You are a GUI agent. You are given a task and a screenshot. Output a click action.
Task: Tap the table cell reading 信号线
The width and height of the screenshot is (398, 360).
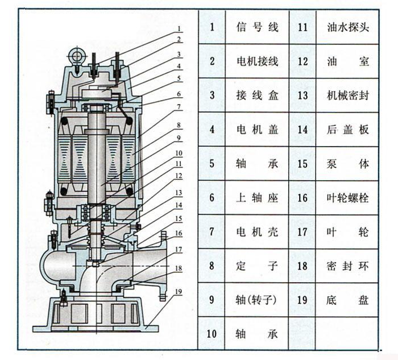click(257, 27)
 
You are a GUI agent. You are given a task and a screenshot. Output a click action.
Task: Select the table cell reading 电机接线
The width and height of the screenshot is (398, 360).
click(257, 61)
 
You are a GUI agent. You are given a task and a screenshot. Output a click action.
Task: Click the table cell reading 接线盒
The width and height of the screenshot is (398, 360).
click(257, 95)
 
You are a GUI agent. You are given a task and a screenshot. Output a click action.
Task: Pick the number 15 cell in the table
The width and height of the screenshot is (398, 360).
click(302, 163)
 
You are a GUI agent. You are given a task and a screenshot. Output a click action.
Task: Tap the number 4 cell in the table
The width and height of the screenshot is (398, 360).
click(212, 129)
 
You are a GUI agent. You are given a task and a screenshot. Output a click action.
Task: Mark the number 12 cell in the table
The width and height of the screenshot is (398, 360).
click(302, 61)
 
